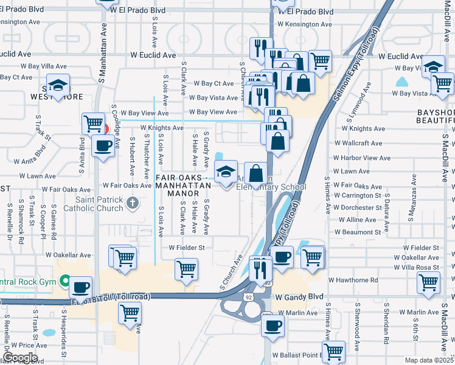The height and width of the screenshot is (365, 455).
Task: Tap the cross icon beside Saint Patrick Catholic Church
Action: (x=133, y=203)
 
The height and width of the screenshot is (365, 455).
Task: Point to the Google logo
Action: (x=19, y=358)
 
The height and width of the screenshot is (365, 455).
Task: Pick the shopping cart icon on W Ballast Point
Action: (x=333, y=351)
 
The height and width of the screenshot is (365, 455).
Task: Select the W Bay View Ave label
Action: (x=213, y=113)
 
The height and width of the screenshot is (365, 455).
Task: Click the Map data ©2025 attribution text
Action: (x=429, y=360)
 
